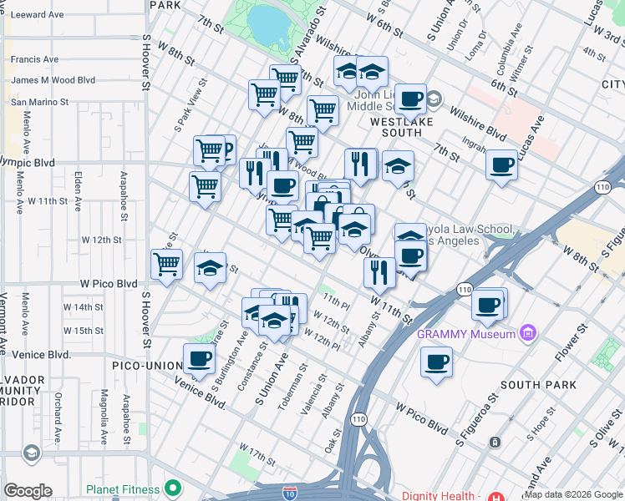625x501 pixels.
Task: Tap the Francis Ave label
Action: click(34, 59)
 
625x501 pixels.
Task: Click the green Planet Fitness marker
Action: click(173, 488)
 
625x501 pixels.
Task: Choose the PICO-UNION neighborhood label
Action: click(148, 366)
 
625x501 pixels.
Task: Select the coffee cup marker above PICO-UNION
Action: click(199, 359)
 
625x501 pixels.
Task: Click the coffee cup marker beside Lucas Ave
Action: click(502, 164)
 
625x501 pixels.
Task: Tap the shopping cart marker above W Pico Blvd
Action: click(167, 264)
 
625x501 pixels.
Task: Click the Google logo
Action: click(28, 491)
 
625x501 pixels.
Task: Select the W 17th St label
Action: click(257, 455)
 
